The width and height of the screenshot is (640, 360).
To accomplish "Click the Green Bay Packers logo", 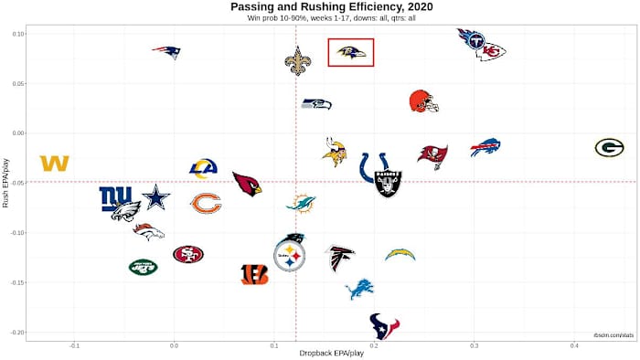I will [609, 148].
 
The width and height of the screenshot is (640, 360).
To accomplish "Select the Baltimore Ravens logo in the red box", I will [351, 53].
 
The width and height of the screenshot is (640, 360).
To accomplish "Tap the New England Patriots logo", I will [166, 52].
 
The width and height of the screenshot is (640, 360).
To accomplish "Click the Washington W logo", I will [55, 164].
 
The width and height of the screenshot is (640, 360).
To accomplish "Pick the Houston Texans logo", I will [384, 324].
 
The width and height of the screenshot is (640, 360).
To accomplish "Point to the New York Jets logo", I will [143, 267].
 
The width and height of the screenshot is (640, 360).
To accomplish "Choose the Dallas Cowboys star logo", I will [156, 196].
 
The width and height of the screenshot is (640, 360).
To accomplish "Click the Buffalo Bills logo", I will [485, 147].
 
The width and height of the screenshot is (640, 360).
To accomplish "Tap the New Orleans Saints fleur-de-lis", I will [297, 61].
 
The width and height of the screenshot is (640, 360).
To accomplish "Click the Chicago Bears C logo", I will [206, 204].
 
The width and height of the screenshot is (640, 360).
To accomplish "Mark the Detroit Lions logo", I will [359, 290].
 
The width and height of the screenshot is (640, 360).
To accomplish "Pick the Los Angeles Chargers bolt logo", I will [400, 254].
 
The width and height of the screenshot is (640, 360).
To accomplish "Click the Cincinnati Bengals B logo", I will [254, 274].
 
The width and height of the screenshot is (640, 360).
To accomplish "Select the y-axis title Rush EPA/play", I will [6, 182].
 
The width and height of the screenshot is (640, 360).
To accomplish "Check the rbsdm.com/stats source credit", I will [613, 335].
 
